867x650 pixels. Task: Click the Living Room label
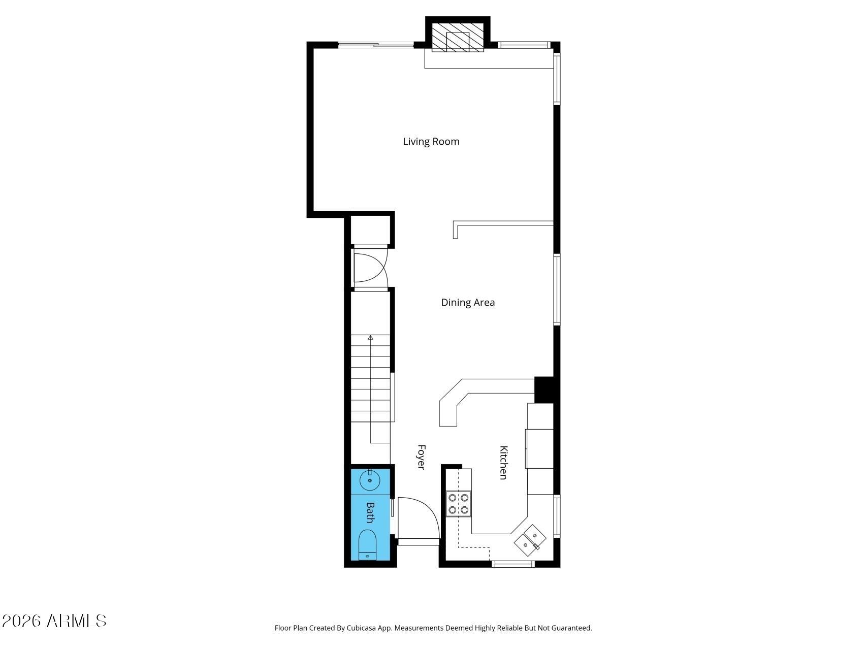click(x=431, y=142)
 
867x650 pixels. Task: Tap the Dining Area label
click(x=467, y=303)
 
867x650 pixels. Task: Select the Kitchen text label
click(x=503, y=462)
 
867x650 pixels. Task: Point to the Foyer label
click(x=421, y=457)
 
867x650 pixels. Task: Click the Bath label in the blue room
click(x=370, y=512)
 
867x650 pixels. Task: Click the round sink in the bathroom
click(x=370, y=480)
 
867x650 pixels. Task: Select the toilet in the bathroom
click(x=368, y=545)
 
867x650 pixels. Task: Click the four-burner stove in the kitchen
click(x=458, y=504)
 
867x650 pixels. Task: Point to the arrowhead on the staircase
click(x=370, y=337)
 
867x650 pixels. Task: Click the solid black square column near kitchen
click(x=544, y=389)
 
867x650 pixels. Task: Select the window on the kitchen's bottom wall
click(x=513, y=563)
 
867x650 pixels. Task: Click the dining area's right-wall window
click(x=557, y=289)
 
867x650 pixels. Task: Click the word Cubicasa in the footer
click(x=361, y=628)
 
